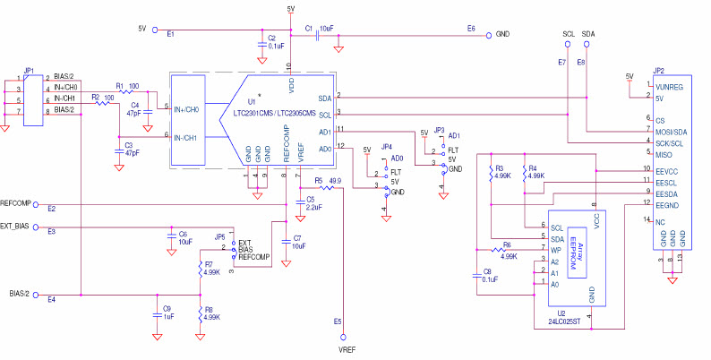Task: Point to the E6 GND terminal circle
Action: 488,36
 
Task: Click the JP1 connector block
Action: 33,99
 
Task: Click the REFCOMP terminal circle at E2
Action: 37,203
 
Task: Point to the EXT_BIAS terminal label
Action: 19,227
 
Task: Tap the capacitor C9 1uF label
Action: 167,312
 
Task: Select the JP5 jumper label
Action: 219,236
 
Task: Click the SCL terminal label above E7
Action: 568,33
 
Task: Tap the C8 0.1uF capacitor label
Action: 487,275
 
